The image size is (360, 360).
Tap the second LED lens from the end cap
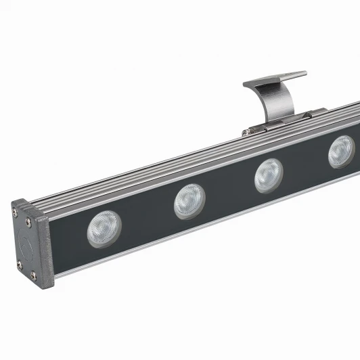pos(189,202)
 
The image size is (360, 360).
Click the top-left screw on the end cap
pos(16,212)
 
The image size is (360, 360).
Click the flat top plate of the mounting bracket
pos(274,78)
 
